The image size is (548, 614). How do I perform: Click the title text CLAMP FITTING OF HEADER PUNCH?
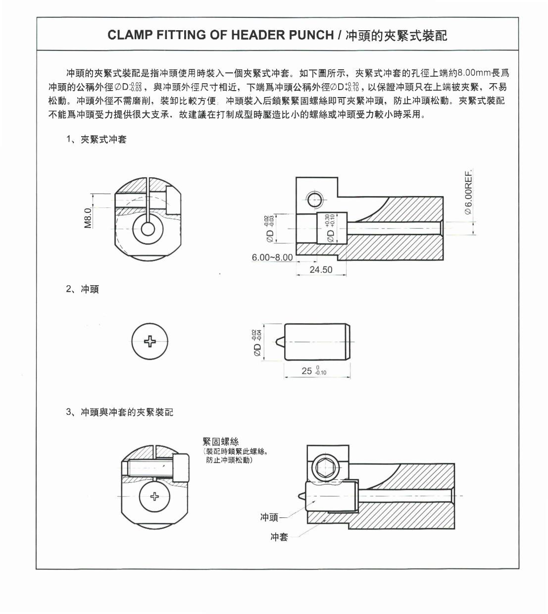220,35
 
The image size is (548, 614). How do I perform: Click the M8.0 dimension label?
88,218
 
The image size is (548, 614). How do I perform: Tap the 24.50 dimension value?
321,270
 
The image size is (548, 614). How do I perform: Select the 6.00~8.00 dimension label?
272,257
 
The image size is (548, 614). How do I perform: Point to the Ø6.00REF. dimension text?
469,192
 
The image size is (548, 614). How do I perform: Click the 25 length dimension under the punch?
307,370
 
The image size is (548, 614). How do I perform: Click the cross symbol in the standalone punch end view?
149,341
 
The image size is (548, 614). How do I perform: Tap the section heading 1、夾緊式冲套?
96,139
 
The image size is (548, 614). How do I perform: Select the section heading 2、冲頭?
82,289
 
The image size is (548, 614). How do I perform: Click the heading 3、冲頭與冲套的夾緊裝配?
119,412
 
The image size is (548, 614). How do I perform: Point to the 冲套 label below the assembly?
279,537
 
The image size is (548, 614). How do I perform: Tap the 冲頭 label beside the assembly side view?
269,517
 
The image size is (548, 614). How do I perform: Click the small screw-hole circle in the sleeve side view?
315,200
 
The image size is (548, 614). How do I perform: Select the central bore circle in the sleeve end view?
148,229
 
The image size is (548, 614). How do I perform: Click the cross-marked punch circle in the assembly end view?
154,496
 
